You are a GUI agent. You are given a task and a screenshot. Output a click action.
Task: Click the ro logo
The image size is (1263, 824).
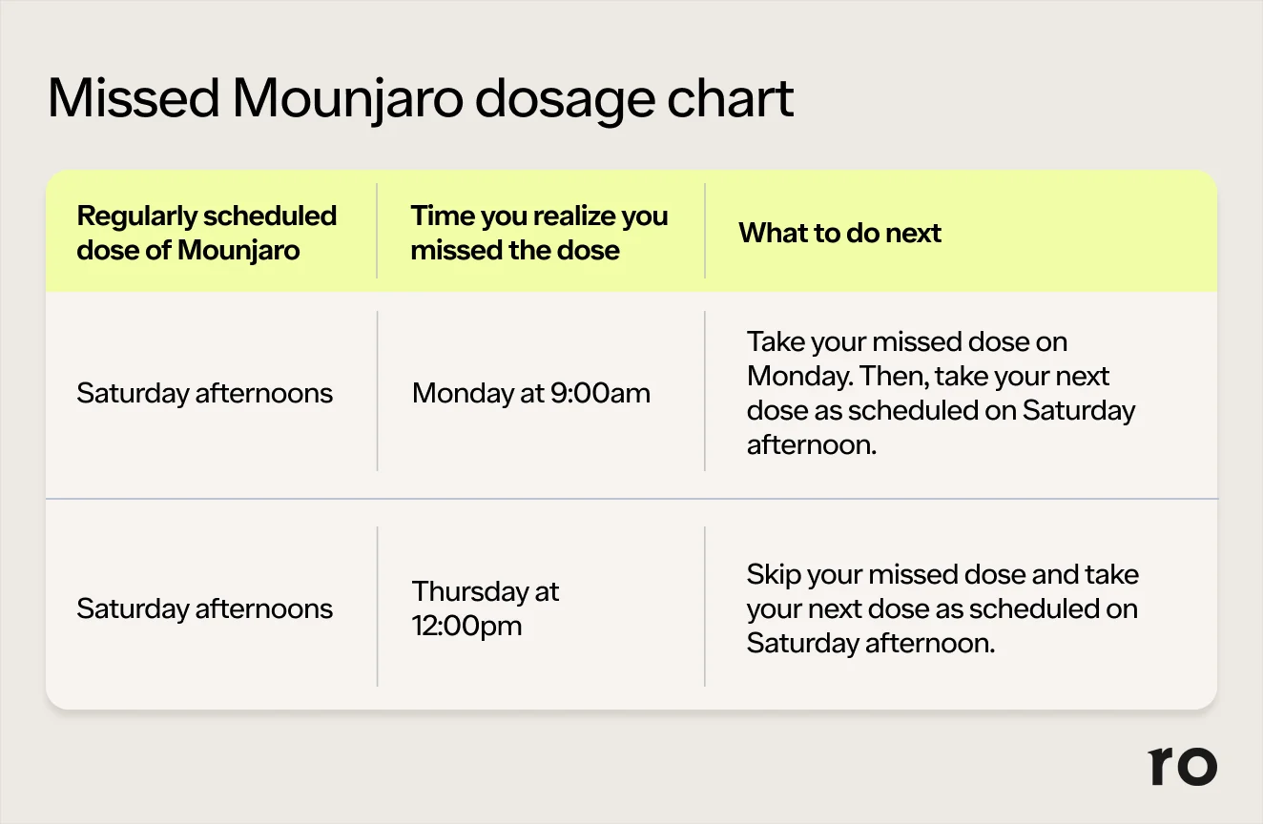pyautogui.click(x=1182, y=766)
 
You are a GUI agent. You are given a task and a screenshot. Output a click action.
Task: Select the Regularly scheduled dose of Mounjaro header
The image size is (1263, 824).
pyautogui.click(x=206, y=233)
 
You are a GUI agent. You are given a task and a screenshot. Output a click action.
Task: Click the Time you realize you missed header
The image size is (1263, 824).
pyautogui.click(x=539, y=233)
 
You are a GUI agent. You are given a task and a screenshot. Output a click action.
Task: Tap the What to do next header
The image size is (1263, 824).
pyautogui.click(x=839, y=233)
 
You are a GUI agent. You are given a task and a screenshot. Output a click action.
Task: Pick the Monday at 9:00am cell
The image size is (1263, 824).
pyautogui.click(x=530, y=393)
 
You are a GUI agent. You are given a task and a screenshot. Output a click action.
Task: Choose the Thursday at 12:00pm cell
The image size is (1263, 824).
pyautogui.click(x=485, y=608)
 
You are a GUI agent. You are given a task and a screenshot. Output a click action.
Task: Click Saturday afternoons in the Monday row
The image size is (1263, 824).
pyautogui.click(x=204, y=393)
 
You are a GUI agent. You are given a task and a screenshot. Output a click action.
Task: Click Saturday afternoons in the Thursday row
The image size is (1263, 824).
pyautogui.click(x=204, y=608)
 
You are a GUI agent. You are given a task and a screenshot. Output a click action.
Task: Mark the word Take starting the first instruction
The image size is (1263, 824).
pyautogui.click(x=775, y=342)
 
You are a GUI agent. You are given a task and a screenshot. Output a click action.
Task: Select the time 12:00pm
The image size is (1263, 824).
pyautogui.click(x=466, y=627)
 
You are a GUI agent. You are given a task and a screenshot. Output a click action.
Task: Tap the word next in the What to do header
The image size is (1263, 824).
pyautogui.click(x=914, y=233)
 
